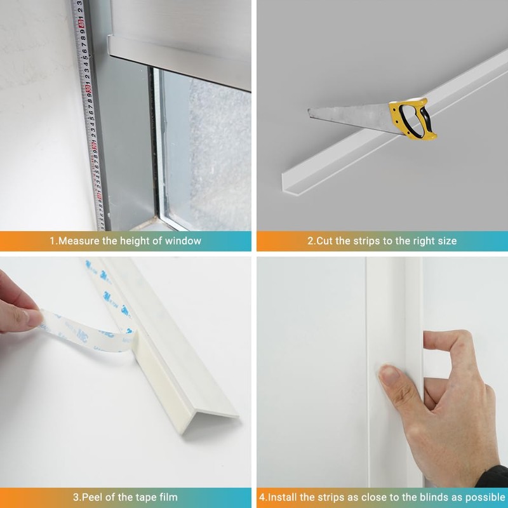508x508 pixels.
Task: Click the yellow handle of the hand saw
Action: (416, 117)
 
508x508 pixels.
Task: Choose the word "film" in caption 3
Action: (167, 497)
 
